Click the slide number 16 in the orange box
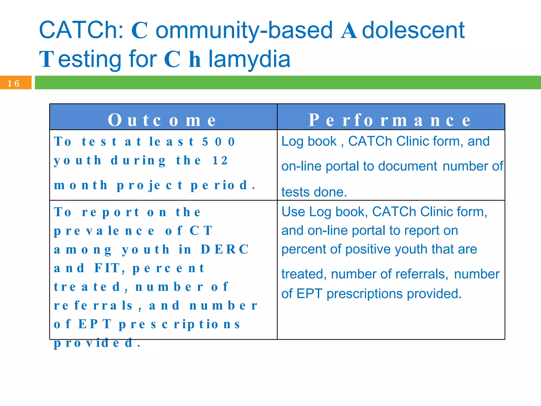(13, 84)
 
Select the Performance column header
(390, 120)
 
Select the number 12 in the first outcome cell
(220, 160)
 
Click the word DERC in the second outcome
(225, 249)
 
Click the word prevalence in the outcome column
(104, 231)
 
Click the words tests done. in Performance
(314, 192)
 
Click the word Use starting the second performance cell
(293, 212)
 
